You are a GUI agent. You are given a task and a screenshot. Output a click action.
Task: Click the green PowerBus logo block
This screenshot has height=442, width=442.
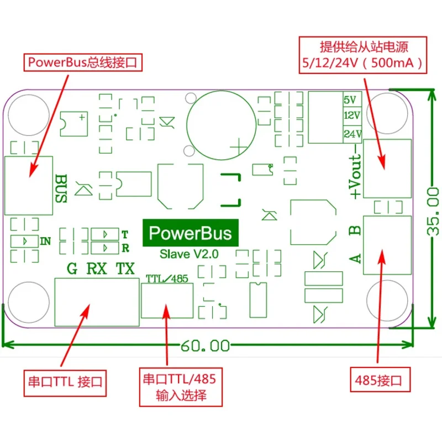pos(191,233)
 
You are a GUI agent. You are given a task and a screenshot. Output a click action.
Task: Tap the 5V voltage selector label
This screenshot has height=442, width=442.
pos(350,100)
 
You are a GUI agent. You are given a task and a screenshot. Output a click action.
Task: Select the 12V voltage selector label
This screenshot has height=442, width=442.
pos(352,115)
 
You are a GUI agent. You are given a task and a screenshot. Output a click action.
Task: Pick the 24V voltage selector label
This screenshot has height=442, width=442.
pos(352,134)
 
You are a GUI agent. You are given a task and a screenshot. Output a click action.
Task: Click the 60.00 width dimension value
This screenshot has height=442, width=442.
pos(205,346)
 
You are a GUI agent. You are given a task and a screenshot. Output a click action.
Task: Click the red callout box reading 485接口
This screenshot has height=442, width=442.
pos(380,380)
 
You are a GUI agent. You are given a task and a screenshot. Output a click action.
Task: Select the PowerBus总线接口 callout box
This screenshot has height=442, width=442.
pos(82,62)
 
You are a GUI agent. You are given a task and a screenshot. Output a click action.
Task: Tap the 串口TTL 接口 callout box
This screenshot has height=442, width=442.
pos(65,383)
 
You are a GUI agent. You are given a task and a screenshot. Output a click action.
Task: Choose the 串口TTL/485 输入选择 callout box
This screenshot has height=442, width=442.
pos(181,387)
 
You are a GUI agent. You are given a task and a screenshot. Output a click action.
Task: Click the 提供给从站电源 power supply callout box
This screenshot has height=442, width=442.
pos(363,55)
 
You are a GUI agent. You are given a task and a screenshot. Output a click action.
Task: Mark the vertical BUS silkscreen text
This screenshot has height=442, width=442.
pos(61,188)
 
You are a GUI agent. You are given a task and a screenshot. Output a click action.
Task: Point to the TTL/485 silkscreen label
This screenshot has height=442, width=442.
pos(167,279)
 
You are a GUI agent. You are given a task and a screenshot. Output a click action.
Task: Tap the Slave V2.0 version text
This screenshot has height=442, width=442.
pos(189,254)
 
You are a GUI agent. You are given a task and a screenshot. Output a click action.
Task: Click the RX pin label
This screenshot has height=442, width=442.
pos(97,269)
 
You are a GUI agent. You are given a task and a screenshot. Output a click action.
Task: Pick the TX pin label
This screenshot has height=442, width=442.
pos(125,269)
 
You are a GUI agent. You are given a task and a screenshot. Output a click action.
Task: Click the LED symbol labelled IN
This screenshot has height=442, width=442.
pos(24,241)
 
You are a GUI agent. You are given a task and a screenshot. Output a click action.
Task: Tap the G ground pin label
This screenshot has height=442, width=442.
pos(72,269)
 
